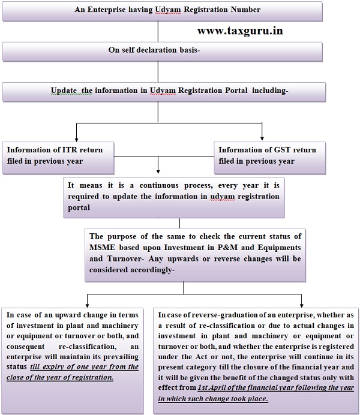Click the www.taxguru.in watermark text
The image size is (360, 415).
[x=240, y=31]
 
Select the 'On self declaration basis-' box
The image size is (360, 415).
[x=163, y=52]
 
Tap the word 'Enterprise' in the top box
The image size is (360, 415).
[x=106, y=10]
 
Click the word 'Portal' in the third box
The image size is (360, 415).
[x=236, y=90]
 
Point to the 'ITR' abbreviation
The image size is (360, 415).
[x=70, y=150]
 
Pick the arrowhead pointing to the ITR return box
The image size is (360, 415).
[x=77, y=139]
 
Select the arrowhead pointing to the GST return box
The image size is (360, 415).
[x=262, y=138]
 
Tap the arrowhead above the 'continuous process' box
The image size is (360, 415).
[x=158, y=172]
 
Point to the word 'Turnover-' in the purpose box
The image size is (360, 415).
[x=126, y=258]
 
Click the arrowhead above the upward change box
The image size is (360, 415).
[x=88, y=305]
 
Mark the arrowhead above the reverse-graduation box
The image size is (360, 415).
[x=301, y=305]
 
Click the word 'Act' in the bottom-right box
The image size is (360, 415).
[x=201, y=357]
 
